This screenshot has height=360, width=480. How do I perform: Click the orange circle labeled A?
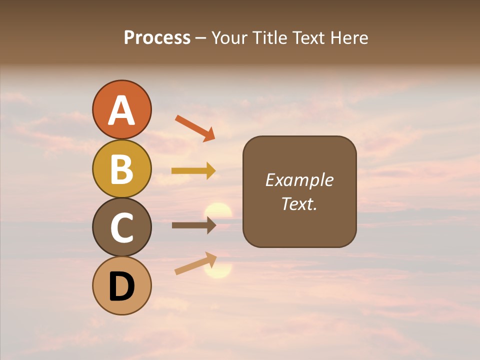[122, 109]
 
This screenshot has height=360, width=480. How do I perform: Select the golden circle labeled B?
[122, 168]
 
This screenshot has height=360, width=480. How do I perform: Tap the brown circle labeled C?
[122, 227]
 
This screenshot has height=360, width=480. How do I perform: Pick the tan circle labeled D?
[122, 285]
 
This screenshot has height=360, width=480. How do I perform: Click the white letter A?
[122, 110]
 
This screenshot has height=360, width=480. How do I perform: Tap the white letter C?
[122, 228]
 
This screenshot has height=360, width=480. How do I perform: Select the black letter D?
[122, 286]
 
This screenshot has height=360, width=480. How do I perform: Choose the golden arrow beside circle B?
[193, 171]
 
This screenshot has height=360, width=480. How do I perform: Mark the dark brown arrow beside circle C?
[193, 225]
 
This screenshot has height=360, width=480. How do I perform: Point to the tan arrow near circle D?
[195, 263]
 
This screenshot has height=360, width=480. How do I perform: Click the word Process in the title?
[157, 37]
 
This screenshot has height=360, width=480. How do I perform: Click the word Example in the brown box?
[299, 180]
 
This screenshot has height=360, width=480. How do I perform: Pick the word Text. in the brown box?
[299, 203]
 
